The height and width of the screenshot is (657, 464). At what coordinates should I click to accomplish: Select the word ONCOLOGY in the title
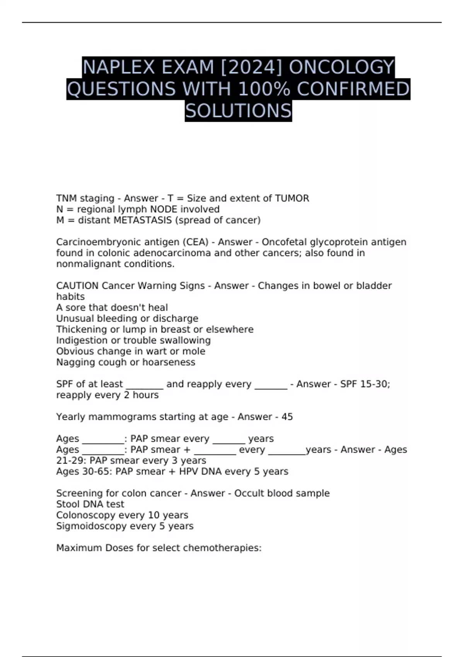341,67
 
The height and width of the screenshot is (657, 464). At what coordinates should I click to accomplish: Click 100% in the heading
264,89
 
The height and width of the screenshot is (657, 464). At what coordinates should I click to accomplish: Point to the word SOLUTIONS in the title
238,111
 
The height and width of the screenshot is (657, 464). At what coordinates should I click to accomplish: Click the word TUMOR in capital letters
292,198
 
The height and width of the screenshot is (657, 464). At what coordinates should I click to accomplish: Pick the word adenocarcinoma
166,253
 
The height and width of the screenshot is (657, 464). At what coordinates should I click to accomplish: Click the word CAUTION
77,286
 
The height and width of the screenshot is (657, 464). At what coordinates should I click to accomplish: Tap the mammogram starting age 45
287,417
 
